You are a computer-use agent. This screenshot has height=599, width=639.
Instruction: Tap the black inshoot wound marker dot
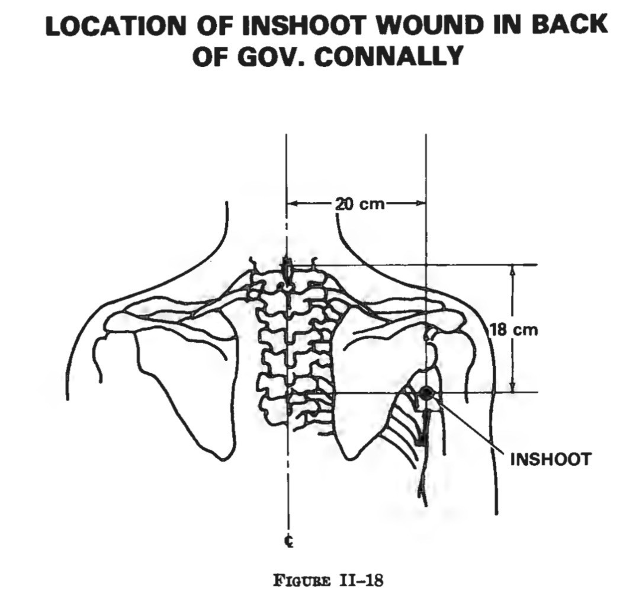[426, 392]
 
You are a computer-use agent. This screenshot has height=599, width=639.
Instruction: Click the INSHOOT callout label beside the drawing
[550, 459]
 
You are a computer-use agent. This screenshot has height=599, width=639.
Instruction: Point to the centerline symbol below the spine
[287, 542]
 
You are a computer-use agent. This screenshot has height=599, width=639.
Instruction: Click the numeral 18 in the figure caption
[374, 580]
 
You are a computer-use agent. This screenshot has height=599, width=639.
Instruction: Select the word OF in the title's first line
[216, 25]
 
